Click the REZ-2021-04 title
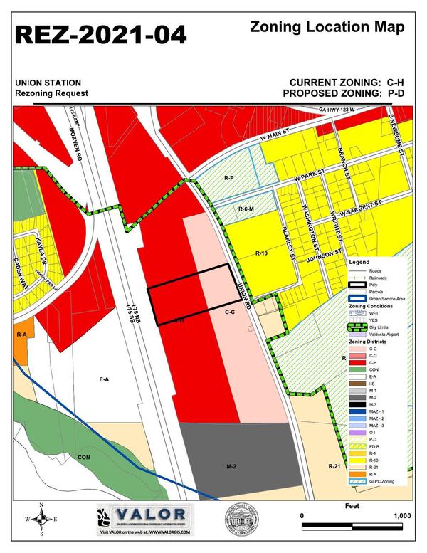[x=100, y=33]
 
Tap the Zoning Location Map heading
[x=328, y=28]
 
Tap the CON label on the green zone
[x=84, y=456]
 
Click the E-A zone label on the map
[x=104, y=379]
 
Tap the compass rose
[x=42, y=518]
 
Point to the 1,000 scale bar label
[x=400, y=515]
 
